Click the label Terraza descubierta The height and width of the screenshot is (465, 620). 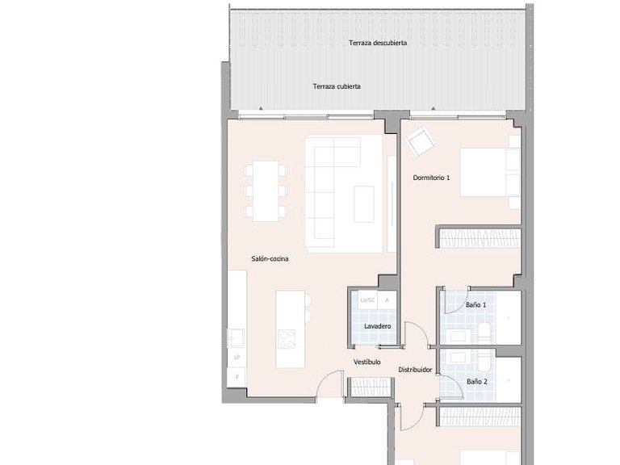[x=377, y=43]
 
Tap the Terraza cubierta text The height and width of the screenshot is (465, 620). [x=337, y=86]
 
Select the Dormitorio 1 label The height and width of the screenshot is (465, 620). [x=431, y=178]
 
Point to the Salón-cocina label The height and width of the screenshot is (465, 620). [x=270, y=259]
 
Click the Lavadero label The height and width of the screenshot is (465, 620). [x=377, y=326]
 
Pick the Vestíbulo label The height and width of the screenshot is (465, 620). [x=367, y=362]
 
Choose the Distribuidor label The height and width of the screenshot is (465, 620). [x=415, y=370]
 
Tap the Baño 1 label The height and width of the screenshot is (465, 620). [x=476, y=305]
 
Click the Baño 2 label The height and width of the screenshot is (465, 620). [x=476, y=381]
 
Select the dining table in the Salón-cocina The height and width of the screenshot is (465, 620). [x=266, y=191]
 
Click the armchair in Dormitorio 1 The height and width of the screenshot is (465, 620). [x=420, y=143]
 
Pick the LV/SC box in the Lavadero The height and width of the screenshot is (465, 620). [x=367, y=300]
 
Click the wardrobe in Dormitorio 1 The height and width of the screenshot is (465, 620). [x=480, y=237]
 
